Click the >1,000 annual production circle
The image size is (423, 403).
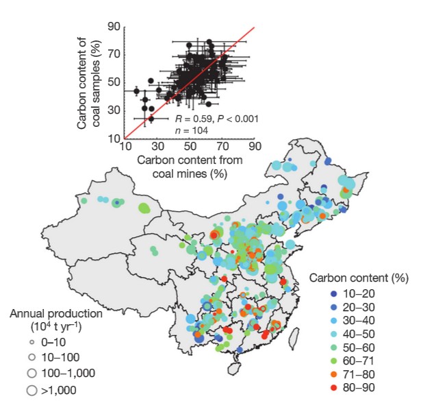pos(31,391)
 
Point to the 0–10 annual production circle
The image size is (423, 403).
pos(31,341)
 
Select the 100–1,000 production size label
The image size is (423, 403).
pos(67,374)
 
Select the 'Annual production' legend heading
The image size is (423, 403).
pos(56,314)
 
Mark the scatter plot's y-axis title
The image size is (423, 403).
pos(87,82)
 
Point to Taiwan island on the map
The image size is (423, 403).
pos(297,337)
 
